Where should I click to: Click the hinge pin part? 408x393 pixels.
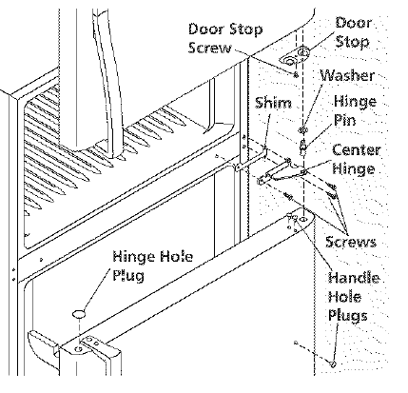(x=302, y=147)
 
